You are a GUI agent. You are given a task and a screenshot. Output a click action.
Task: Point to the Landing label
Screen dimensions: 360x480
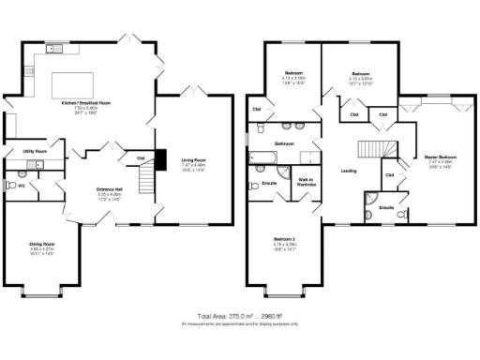(349, 171)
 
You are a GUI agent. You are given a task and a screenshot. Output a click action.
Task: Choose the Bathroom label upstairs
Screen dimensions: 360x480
(285, 143)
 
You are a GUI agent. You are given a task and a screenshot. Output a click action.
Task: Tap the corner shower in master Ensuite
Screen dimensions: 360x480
(373, 200)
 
